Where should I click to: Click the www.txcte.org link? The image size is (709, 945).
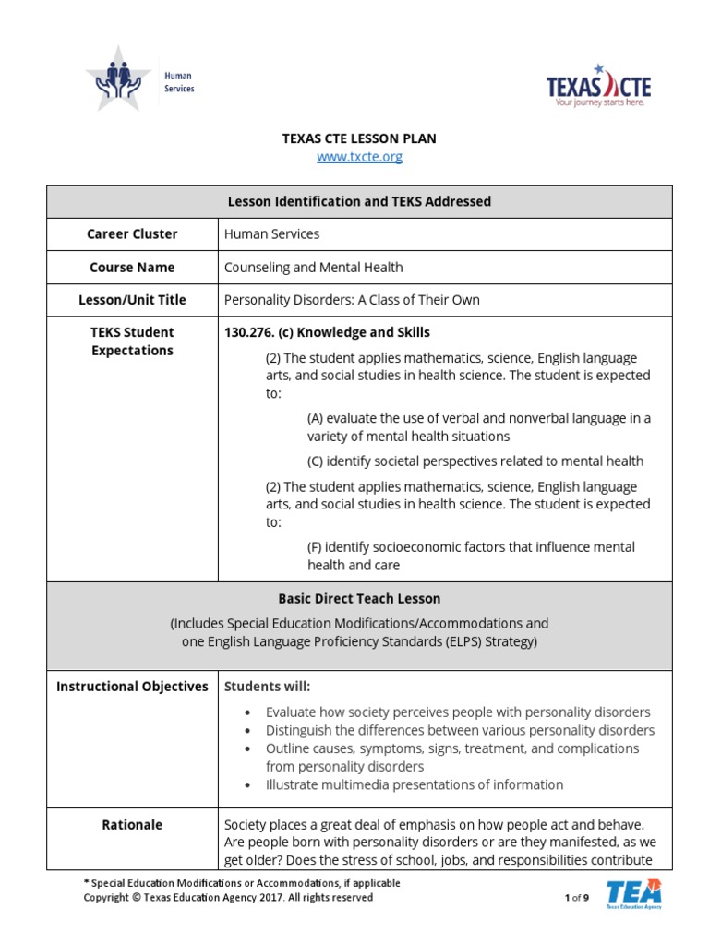tap(359, 157)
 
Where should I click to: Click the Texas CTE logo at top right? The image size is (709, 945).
tap(598, 87)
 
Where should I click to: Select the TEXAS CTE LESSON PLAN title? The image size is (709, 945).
tap(359, 138)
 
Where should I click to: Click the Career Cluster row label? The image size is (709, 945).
tap(132, 234)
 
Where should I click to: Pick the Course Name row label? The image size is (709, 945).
tap(132, 268)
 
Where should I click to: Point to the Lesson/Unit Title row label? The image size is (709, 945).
tap(132, 300)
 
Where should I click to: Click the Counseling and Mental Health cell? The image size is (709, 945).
tap(313, 268)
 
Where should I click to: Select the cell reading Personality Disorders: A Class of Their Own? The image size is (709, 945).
tap(352, 300)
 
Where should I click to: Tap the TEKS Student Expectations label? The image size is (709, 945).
tap(132, 341)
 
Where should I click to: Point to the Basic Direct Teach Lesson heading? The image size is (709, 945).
tap(359, 599)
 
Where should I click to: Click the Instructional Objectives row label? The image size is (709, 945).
tap(132, 687)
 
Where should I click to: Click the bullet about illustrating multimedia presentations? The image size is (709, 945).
tap(414, 784)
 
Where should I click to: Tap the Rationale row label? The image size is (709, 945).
tap(132, 825)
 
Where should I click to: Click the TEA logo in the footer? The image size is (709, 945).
tap(633, 894)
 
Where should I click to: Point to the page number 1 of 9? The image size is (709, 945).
tap(576, 898)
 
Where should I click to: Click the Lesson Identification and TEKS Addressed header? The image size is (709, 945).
tap(359, 201)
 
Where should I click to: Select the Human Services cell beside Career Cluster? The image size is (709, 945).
tap(271, 234)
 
